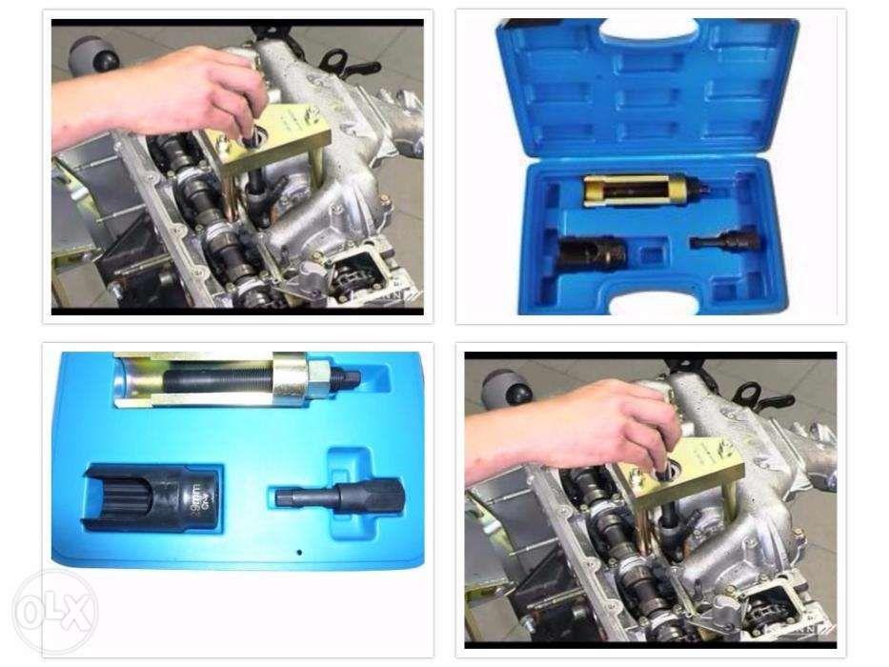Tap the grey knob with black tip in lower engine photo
(x=498, y=387)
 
